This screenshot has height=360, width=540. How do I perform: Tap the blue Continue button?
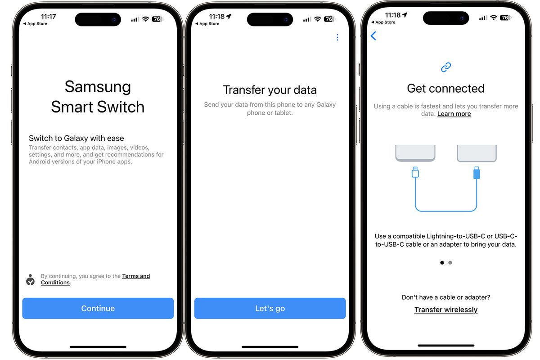click(x=98, y=308)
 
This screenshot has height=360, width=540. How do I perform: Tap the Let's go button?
click(x=270, y=308)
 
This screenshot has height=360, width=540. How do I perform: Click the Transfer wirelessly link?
click(x=445, y=310)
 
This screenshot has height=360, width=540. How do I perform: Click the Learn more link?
click(x=454, y=114)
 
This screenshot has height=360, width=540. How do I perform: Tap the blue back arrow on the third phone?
click(x=373, y=36)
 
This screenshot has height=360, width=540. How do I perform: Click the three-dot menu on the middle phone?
click(x=337, y=38)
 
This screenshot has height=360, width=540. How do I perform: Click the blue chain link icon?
click(x=445, y=67)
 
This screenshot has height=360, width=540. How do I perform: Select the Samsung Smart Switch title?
click(x=98, y=97)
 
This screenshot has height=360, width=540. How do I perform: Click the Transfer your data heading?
click(x=270, y=90)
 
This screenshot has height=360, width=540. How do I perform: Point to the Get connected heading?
click(x=445, y=88)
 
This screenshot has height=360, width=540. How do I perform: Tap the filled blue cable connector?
click(x=477, y=173)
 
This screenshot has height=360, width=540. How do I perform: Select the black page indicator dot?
click(x=442, y=262)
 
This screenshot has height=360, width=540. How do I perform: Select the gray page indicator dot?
click(x=450, y=262)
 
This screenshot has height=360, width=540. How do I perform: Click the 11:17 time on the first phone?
click(x=48, y=17)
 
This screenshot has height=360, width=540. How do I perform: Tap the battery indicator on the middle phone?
click(x=329, y=19)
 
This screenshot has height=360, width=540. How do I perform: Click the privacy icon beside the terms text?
click(x=30, y=279)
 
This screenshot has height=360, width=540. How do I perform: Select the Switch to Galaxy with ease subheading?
click(x=76, y=138)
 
